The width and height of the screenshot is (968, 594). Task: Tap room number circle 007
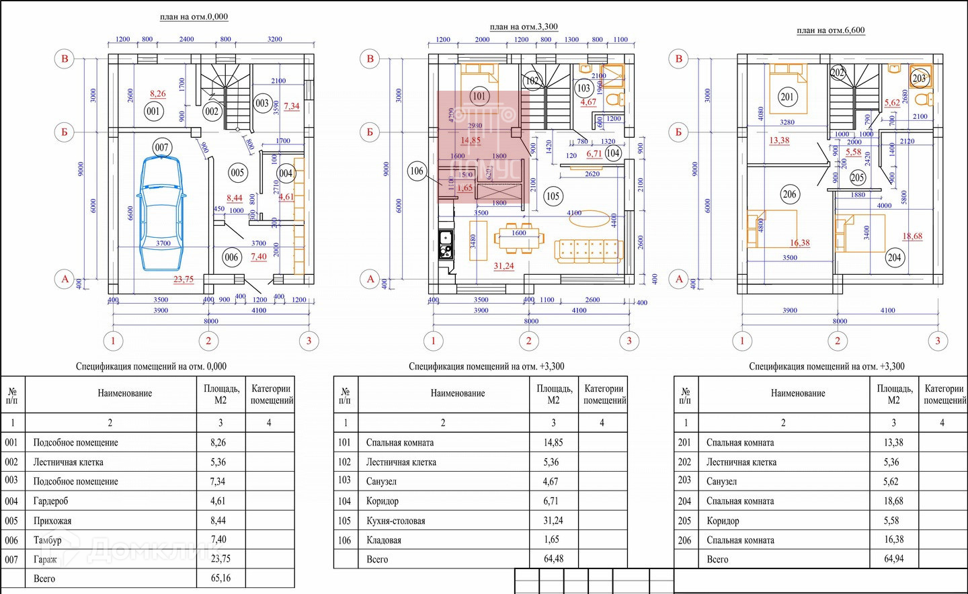click(161, 147)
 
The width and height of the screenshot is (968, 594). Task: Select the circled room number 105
click(553, 196)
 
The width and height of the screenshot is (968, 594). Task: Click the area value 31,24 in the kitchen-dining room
click(503, 266)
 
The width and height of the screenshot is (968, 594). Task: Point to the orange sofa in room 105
click(588, 250)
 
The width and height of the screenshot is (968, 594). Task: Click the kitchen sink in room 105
click(445, 237)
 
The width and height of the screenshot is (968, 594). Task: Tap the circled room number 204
click(894, 257)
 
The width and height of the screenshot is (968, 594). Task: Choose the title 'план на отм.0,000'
click(194, 17)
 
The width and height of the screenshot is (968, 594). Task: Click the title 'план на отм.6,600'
click(830, 30)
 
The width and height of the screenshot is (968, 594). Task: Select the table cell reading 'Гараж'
click(45, 559)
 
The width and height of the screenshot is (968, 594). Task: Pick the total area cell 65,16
click(220, 578)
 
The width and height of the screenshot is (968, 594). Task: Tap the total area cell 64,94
click(893, 559)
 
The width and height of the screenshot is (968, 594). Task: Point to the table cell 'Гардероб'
click(50, 501)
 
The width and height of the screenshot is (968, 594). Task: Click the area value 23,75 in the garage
click(183, 279)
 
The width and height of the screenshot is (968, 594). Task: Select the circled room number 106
click(417, 171)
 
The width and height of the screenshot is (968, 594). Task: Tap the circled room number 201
click(787, 97)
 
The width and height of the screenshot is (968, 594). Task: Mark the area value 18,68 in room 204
click(912, 236)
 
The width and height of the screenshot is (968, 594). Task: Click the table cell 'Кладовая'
click(383, 540)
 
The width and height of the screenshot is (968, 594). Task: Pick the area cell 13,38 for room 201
click(893, 443)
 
